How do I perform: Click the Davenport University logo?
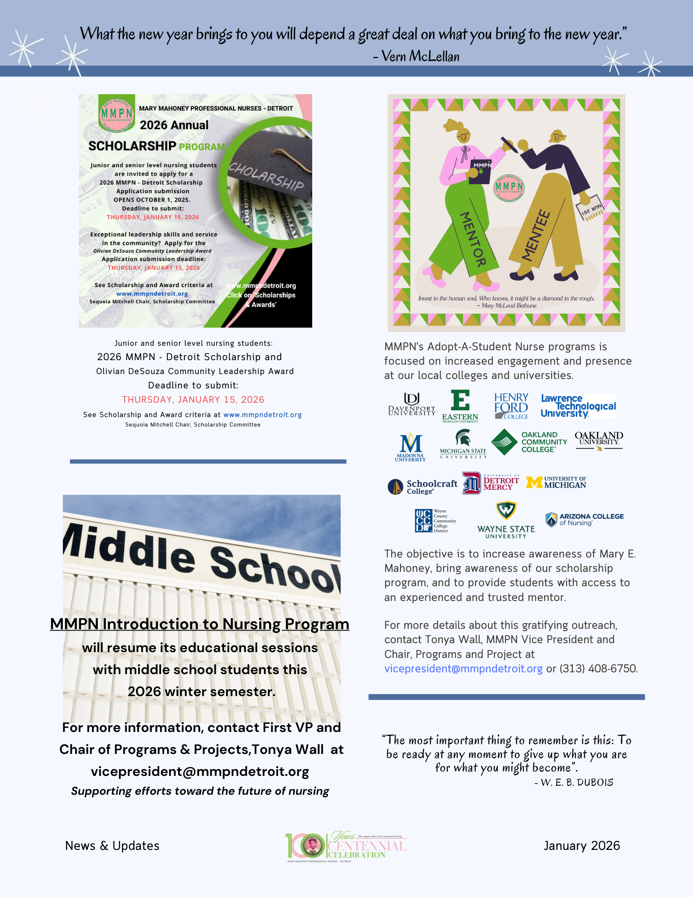(x=411, y=405)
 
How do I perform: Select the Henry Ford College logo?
(x=511, y=406)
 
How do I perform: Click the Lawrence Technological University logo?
(x=578, y=406)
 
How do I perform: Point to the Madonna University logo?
(x=410, y=447)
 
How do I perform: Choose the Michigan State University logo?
(x=463, y=444)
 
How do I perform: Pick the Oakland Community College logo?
(x=529, y=442)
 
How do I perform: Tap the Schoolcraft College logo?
(x=422, y=487)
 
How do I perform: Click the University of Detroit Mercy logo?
(x=491, y=483)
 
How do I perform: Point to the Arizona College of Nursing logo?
(x=584, y=519)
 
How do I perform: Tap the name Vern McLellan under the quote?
(x=420, y=57)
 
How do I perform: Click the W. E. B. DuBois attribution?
(x=577, y=783)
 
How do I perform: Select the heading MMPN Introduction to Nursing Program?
(x=200, y=624)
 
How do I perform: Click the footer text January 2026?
(x=582, y=845)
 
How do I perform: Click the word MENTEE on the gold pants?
(x=536, y=235)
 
